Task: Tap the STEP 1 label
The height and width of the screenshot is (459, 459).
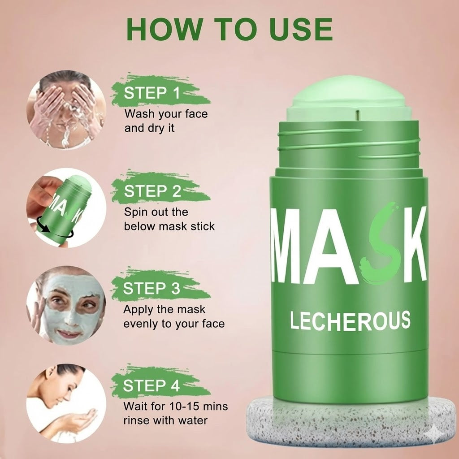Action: tap(152, 93)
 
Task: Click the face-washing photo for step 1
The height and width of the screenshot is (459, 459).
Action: tap(66, 109)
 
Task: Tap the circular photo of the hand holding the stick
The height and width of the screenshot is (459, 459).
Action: tap(66, 208)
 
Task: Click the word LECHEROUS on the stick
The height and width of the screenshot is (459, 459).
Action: tap(350, 320)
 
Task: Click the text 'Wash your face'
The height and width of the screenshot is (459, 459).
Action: tap(166, 114)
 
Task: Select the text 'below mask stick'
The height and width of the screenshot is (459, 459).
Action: tap(169, 226)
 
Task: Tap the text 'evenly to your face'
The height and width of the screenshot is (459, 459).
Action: tap(174, 323)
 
